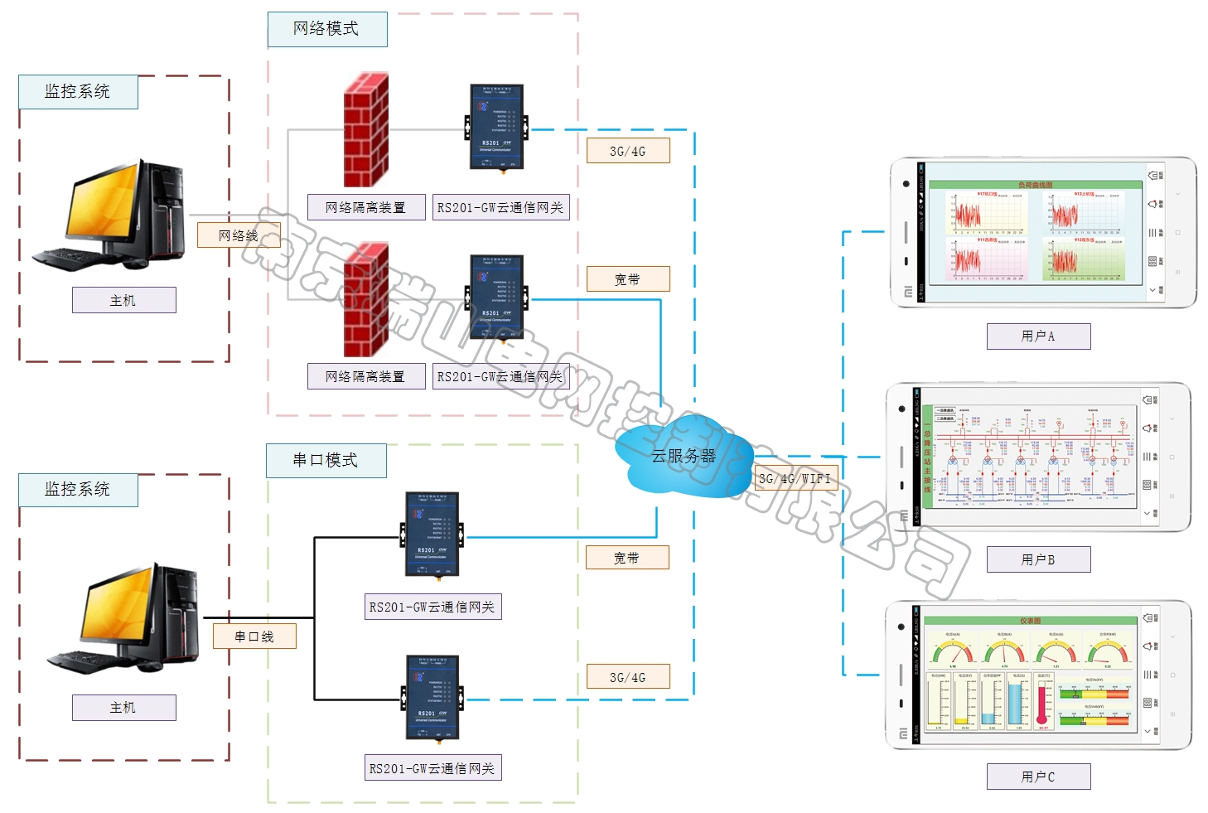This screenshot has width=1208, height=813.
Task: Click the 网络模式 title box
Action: pyautogui.click(x=326, y=29)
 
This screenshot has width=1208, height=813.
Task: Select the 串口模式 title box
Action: pyautogui.click(x=326, y=460)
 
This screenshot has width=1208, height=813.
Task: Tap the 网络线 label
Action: pyautogui.click(x=239, y=235)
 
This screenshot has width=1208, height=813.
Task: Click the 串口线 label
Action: pyautogui.click(x=254, y=636)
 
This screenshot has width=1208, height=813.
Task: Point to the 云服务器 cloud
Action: pyautogui.click(x=683, y=456)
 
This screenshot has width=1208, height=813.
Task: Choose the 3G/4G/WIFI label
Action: pyautogui.click(x=795, y=478)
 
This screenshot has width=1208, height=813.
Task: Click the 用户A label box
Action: pyautogui.click(x=1038, y=336)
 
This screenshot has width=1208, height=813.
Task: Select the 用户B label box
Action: pyautogui.click(x=1038, y=559)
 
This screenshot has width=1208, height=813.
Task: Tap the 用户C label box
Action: pyautogui.click(x=1038, y=777)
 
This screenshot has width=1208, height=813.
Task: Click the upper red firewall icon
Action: pyautogui.click(x=366, y=130)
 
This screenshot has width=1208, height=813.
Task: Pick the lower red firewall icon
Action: pyautogui.click(x=366, y=299)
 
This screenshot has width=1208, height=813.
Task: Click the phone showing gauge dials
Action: pyautogui.click(x=1038, y=675)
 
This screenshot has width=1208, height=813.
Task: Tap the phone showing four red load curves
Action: pyautogui.click(x=1042, y=233)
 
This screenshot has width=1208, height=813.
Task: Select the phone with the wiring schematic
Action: pyautogui.click(x=1038, y=457)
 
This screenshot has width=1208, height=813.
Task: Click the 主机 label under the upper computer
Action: pyautogui.click(x=123, y=300)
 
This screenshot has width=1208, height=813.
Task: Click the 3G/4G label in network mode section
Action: pyautogui.click(x=627, y=151)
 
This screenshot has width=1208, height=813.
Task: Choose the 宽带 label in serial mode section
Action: pyautogui.click(x=626, y=558)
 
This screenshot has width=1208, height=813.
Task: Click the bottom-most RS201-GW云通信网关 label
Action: pyautogui.click(x=432, y=768)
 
